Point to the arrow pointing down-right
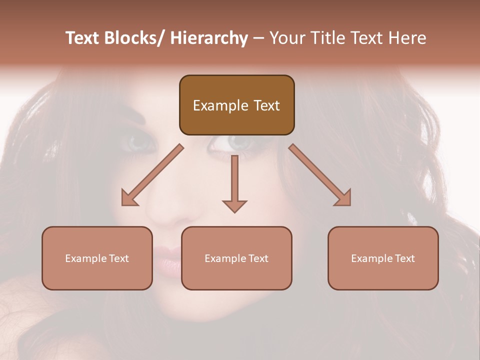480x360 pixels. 320,175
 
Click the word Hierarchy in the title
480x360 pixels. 209,38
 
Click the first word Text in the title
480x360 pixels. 82,38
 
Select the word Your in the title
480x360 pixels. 286,38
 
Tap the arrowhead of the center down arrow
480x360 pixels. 234,206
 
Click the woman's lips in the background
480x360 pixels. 167,260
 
